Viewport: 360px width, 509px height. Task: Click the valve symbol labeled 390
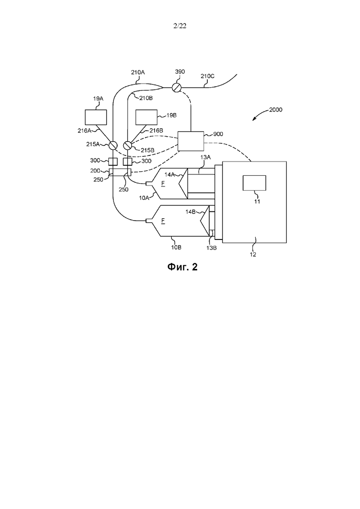click(177, 87)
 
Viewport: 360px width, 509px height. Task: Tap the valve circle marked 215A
click(113, 145)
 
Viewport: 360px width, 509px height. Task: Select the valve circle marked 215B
click(128, 145)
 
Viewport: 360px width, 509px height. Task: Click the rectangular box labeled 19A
click(96, 117)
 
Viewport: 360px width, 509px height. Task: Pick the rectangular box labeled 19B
click(146, 117)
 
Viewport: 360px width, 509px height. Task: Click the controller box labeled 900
click(191, 141)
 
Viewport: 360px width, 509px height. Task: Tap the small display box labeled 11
click(254, 183)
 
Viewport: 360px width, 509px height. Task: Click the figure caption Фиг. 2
click(182, 267)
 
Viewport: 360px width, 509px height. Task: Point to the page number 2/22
click(180, 26)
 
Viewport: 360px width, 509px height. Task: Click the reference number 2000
click(276, 110)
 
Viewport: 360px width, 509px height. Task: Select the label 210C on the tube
click(207, 76)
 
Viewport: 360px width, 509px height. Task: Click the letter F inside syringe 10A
click(163, 184)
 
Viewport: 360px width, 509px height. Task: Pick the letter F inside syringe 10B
click(163, 221)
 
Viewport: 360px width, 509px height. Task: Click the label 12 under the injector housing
click(253, 255)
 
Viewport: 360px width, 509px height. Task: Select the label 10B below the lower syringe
click(176, 247)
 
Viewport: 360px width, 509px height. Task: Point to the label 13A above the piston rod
click(205, 157)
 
